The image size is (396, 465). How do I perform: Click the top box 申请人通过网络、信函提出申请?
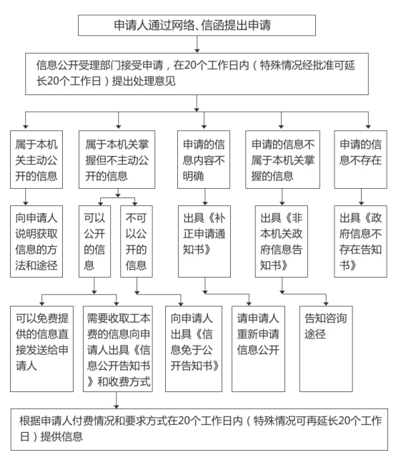(x=197, y=25)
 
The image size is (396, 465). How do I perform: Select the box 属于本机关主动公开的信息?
(x=36, y=160)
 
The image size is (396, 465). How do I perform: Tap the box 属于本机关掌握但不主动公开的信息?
(x=117, y=160)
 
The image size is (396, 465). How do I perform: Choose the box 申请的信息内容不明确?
(x=204, y=160)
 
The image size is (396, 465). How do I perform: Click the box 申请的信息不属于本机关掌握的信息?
(x=282, y=160)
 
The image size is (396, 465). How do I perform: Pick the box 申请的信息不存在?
(x=360, y=160)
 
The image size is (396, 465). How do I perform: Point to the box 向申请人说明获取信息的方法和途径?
(x=36, y=241)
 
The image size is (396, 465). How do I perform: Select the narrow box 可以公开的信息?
(x=94, y=241)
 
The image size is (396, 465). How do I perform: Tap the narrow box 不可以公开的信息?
(x=137, y=241)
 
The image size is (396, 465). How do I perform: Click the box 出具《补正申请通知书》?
(x=204, y=241)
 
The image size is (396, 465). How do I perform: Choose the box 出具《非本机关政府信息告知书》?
(x=282, y=241)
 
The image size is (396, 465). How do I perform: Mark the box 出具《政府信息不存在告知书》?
(x=360, y=241)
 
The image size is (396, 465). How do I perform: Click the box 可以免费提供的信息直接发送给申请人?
(x=41, y=349)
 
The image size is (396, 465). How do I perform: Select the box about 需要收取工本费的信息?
(x=118, y=349)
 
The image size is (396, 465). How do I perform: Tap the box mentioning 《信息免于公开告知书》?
(x=194, y=349)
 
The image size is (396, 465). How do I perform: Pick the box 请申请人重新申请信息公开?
(x=258, y=349)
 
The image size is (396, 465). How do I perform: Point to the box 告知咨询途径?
(x=326, y=349)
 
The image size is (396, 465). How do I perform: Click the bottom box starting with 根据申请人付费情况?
(x=199, y=429)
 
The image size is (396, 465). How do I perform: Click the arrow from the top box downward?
(x=197, y=44)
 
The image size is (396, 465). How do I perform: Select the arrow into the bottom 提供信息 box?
(x=117, y=401)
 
